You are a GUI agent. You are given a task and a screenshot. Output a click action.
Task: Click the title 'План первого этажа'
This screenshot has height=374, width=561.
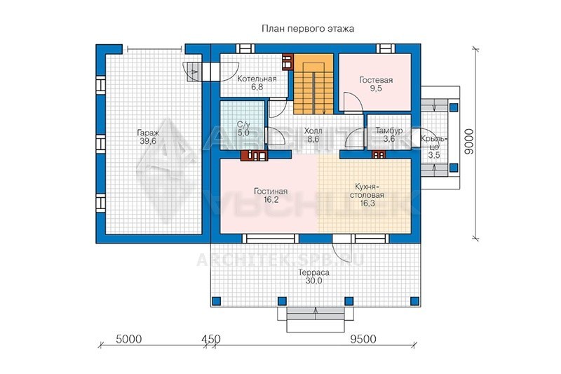pyautogui.click(x=308, y=29)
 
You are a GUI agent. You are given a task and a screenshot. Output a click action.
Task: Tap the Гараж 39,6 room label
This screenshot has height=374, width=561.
pyautogui.click(x=148, y=137)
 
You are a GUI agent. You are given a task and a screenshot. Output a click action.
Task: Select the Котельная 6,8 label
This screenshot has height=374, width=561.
pyautogui.click(x=257, y=83)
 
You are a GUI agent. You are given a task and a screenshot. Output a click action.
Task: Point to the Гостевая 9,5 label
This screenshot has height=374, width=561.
pyautogui.click(x=376, y=84)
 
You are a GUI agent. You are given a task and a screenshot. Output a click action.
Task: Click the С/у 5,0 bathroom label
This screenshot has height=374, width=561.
pyautogui.click(x=243, y=128)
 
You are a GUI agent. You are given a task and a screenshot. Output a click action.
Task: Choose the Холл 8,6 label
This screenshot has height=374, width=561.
pyautogui.click(x=313, y=135)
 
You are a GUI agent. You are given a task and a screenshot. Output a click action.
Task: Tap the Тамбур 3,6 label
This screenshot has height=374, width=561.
pyautogui.click(x=389, y=135)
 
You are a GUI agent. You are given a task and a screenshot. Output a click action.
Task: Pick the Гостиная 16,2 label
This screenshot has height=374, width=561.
pyautogui.click(x=271, y=195)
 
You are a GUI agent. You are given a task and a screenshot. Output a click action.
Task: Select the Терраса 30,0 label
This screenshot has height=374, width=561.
pyautogui.click(x=313, y=276)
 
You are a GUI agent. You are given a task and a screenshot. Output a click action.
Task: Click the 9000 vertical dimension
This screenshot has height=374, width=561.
pyautogui.click(x=468, y=142)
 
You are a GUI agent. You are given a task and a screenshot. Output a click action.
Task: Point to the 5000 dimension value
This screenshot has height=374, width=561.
pyautogui.click(x=129, y=339)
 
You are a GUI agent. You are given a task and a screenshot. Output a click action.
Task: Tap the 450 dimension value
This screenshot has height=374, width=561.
pyautogui.click(x=211, y=339)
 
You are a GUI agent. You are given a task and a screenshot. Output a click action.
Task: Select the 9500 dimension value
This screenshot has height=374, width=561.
pyautogui.click(x=363, y=339)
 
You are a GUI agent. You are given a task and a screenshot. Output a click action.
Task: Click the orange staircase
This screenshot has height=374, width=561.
pyautogui.click(x=313, y=84)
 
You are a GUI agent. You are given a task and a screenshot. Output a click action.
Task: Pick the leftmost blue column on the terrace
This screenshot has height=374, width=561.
pyautogui.click(x=216, y=301)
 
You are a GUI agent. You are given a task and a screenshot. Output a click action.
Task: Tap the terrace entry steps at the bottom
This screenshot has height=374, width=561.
pyautogui.click(x=316, y=318)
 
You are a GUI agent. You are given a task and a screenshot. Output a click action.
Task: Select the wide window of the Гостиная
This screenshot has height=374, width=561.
pyautogui.click(x=271, y=239)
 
